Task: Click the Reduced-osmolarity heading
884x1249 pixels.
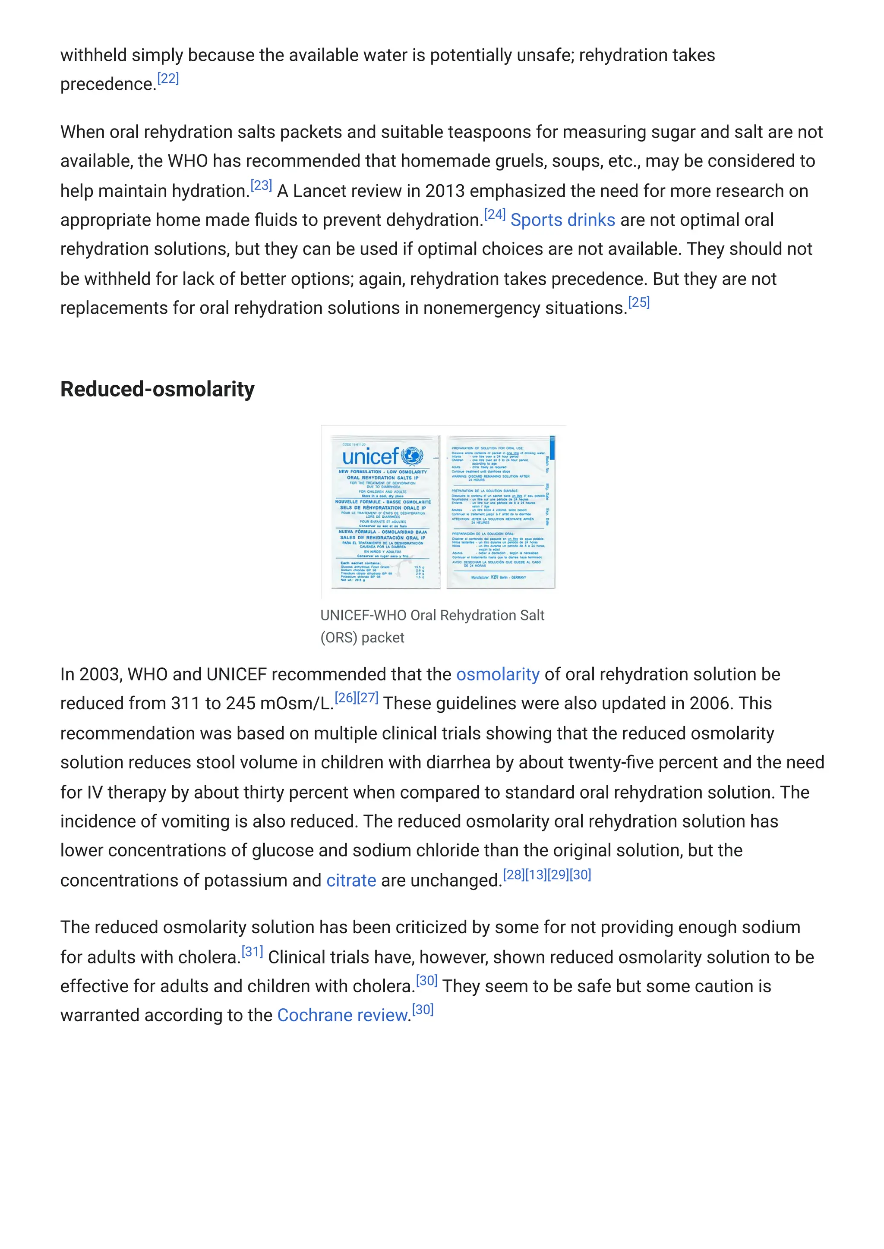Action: coord(157,389)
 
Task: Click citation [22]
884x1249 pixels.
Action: coord(168,79)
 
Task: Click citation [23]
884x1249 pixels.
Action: coord(261,186)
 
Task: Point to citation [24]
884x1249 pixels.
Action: coord(495,214)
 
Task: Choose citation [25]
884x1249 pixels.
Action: coord(639,302)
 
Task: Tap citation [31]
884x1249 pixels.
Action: coord(252,951)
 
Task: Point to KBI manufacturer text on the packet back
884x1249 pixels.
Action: coord(494,577)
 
